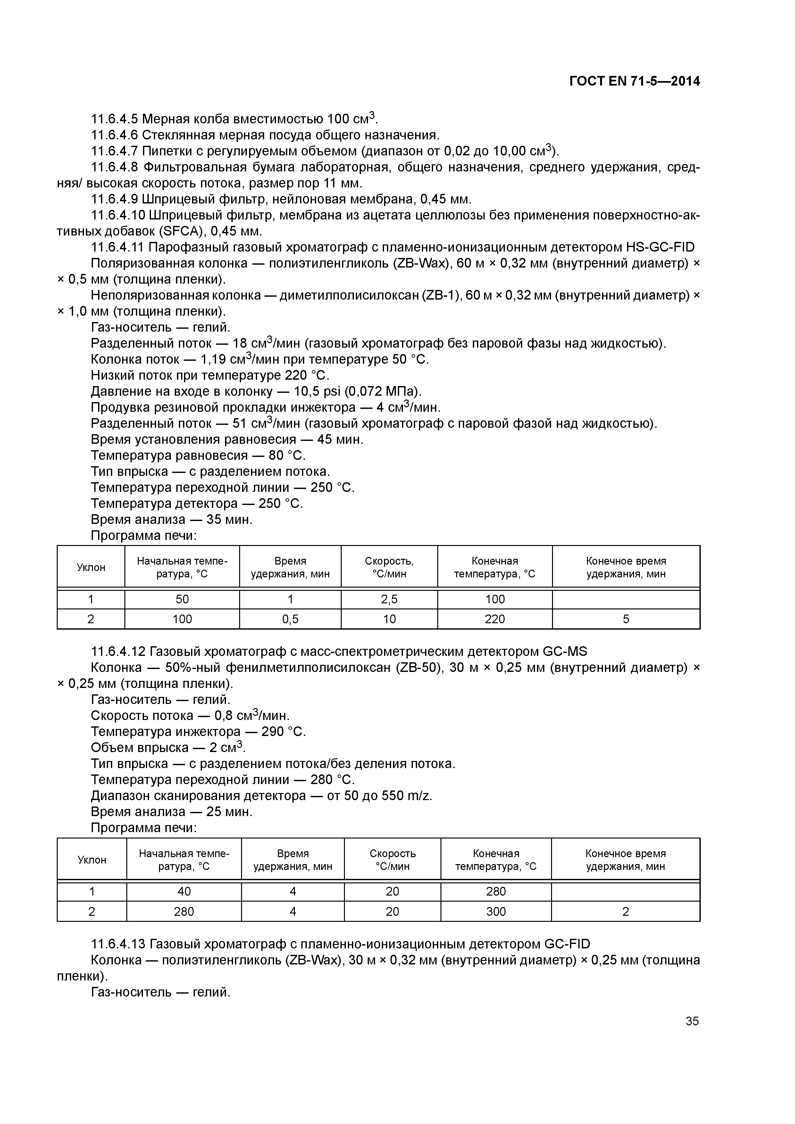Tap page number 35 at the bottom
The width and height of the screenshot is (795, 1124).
pyautogui.click(x=692, y=1021)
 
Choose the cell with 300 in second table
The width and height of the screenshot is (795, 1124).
pyautogui.click(x=496, y=912)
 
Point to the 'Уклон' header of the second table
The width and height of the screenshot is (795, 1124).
pyautogui.click(x=92, y=860)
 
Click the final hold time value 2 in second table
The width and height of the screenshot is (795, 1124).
pyautogui.click(x=625, y=912)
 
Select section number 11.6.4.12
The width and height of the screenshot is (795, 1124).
pyautogui.click(x=118, y=652)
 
